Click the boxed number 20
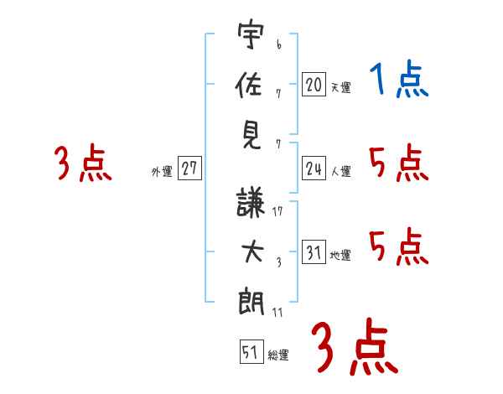click(x=314, y=84)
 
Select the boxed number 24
click(x=314, y=169)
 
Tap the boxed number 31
click(x=314, y=253)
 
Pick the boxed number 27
click(x=189, y=168)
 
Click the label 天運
click(x=340, y=87)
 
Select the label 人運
click(x=340, y=172)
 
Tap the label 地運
click(x=340, y=256)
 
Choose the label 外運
click(x=162, y=172)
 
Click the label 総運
click(x=278, y=355)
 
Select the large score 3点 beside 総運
click(x=355, y=346)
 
